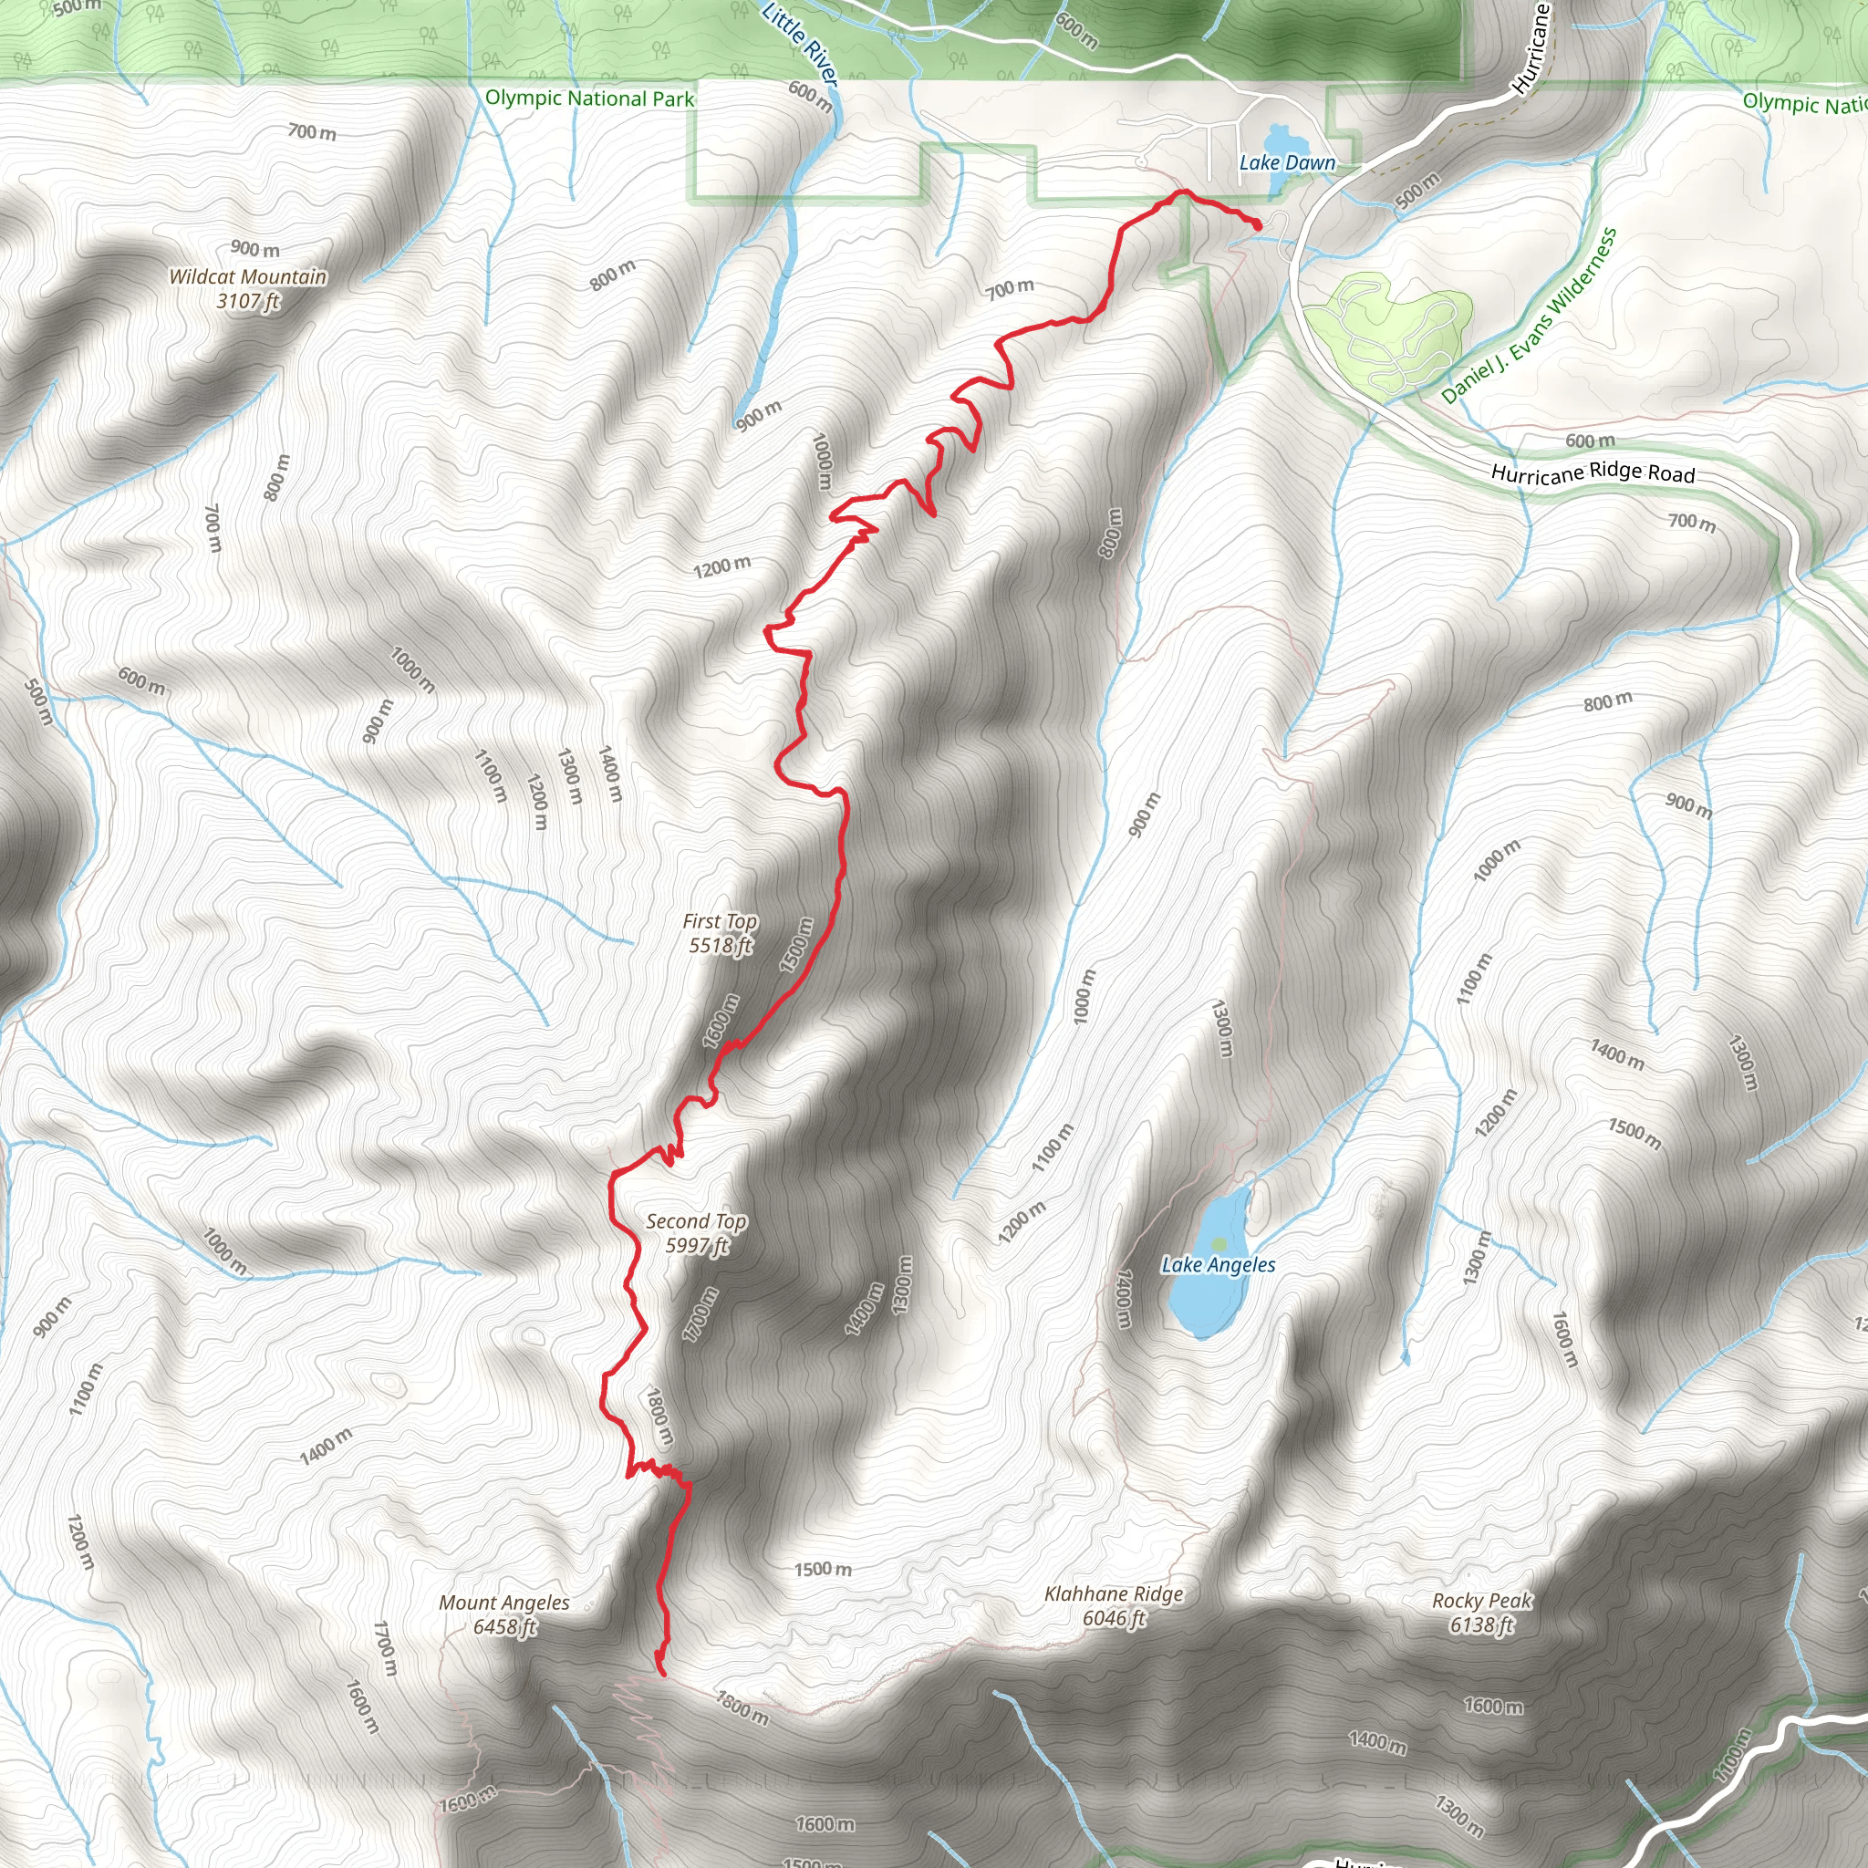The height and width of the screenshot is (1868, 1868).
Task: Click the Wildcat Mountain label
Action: pos(247,277)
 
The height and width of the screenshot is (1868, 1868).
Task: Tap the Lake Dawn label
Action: pos(1287,163)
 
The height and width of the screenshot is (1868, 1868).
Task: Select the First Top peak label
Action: pos(720,922)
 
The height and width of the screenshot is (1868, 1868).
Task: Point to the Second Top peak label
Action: pos(696,1222)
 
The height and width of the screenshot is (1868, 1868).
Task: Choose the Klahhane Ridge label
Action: pos(1114,1594)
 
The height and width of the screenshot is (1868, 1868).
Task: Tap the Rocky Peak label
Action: pos(1481,1601)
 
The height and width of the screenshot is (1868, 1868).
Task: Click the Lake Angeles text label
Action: pos(1219,1266)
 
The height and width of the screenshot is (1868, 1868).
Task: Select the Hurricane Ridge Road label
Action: pos(1593,472)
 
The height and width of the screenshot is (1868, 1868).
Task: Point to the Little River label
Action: pos(800,44)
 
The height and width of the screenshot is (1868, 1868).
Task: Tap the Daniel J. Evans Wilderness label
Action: pos(1529,316)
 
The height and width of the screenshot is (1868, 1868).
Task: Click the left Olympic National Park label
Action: pos(590,99)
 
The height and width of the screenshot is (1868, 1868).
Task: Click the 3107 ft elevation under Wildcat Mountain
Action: pos(247,302)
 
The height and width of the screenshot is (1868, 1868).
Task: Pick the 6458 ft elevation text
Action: pos(503,1627)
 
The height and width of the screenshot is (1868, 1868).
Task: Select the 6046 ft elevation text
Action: pos(1114,1619)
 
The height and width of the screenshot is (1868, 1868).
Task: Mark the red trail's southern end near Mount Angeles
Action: pos(662,1673)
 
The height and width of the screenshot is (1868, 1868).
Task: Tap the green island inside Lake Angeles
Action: pos(1219,1243)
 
